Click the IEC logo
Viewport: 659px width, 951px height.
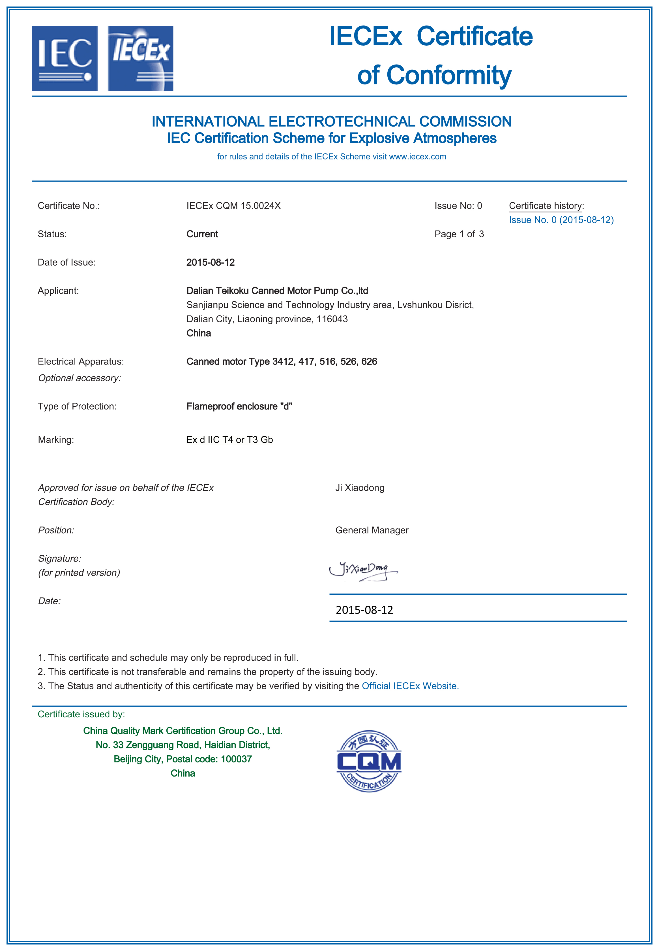pyautogui.click(x=65, y=58)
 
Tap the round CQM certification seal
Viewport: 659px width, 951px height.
pyautogui.click(x=369, y=761)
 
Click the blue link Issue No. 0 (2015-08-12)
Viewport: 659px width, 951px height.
pyautogui.click(x=561, y=220)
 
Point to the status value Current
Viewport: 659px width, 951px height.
pyautogui.click(x=202, y=234)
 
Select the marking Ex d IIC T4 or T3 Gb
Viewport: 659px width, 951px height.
pyautogui.click(x=229, y=440)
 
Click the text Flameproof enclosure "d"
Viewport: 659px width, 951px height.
pyautogui.click(x=239, y=407)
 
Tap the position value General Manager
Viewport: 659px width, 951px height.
pyautogui.click(x=372, y=530)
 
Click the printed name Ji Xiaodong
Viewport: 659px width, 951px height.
pyautogui.click(x=360, y=488)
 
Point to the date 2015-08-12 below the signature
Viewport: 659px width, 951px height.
pyautogui.click(x=364, y=610)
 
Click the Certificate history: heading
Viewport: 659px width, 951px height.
pyautogui.click(x=546, y=206)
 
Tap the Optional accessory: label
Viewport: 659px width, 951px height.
pyautogui.click(x=79, y=378)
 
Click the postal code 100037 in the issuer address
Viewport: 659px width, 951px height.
pyautogui.click(x=236, y=759)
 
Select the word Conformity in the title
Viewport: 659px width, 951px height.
pyautogui.click(x=449, y=75)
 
